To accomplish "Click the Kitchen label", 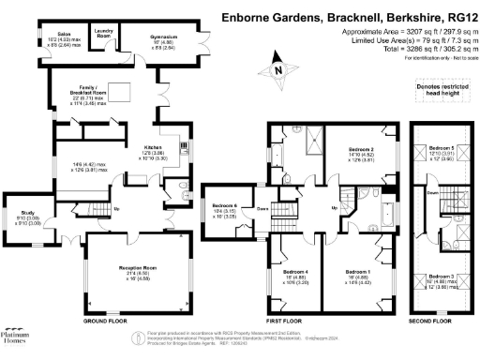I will pyautogui.click(x=153, y=147).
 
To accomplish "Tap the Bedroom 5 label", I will pyautogui.click(x=442, y=148).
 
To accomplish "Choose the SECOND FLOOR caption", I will pyautogui.click(x=429, y=320).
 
